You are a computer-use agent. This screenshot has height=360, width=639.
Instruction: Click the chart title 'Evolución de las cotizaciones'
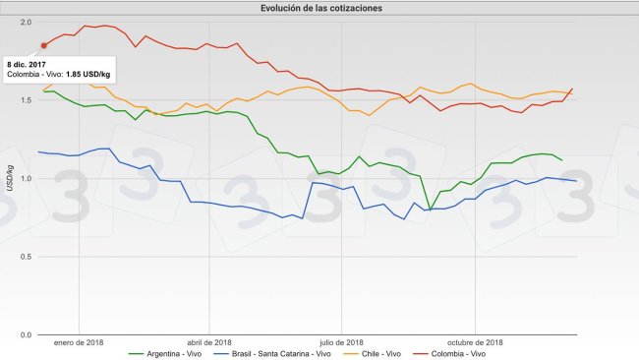[322, 8]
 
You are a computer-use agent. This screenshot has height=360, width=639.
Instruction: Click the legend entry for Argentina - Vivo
[169, 352]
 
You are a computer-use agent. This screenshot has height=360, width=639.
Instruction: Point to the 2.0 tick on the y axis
[26, 22]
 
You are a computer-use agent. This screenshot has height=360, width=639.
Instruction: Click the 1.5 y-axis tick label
[26, 100]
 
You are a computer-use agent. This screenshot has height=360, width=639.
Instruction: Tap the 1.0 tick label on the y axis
[26, 178]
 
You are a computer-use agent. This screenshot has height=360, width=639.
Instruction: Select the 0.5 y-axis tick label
[26, 257]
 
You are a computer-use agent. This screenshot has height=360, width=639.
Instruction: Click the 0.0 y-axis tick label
[26, 334]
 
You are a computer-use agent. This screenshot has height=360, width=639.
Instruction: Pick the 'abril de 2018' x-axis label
[208, 341]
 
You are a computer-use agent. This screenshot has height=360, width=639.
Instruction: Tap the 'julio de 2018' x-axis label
[341, 341]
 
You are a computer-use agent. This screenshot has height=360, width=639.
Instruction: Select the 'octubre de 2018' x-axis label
[474, 341]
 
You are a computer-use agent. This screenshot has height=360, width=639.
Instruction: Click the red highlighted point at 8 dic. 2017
[43, 44]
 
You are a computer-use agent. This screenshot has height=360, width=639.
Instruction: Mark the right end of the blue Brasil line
[575, 181]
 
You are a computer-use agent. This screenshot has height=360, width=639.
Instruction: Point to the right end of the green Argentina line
[561, 159]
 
